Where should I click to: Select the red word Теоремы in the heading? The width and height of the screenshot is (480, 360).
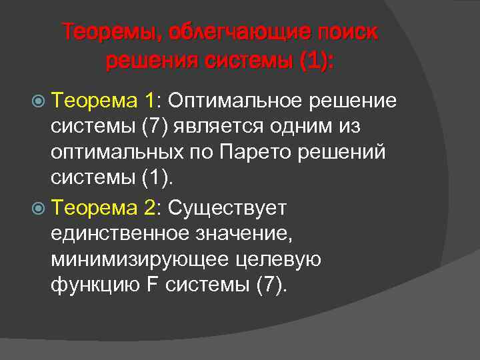[x=111, y=32]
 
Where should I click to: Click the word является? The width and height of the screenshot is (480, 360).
[x=213, y=127]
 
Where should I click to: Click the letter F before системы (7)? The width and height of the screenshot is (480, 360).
[x=151, y=286]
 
